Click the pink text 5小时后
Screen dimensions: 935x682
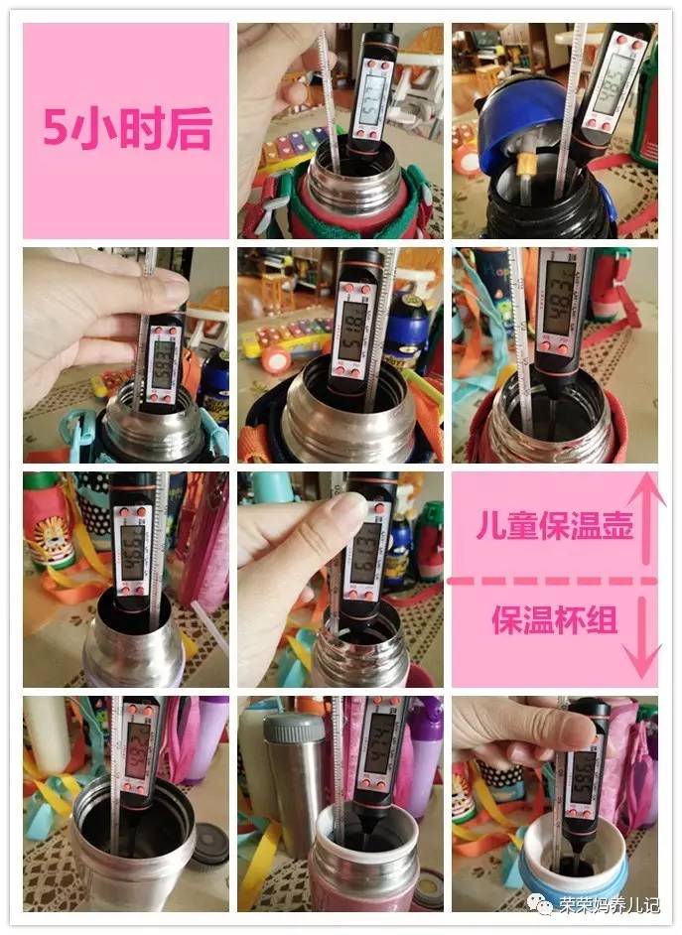coord(127,129)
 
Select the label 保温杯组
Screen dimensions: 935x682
coord(554,620)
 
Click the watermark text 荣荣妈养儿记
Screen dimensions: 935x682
coord(609,904)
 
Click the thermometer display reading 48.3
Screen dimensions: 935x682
coord(561,308)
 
